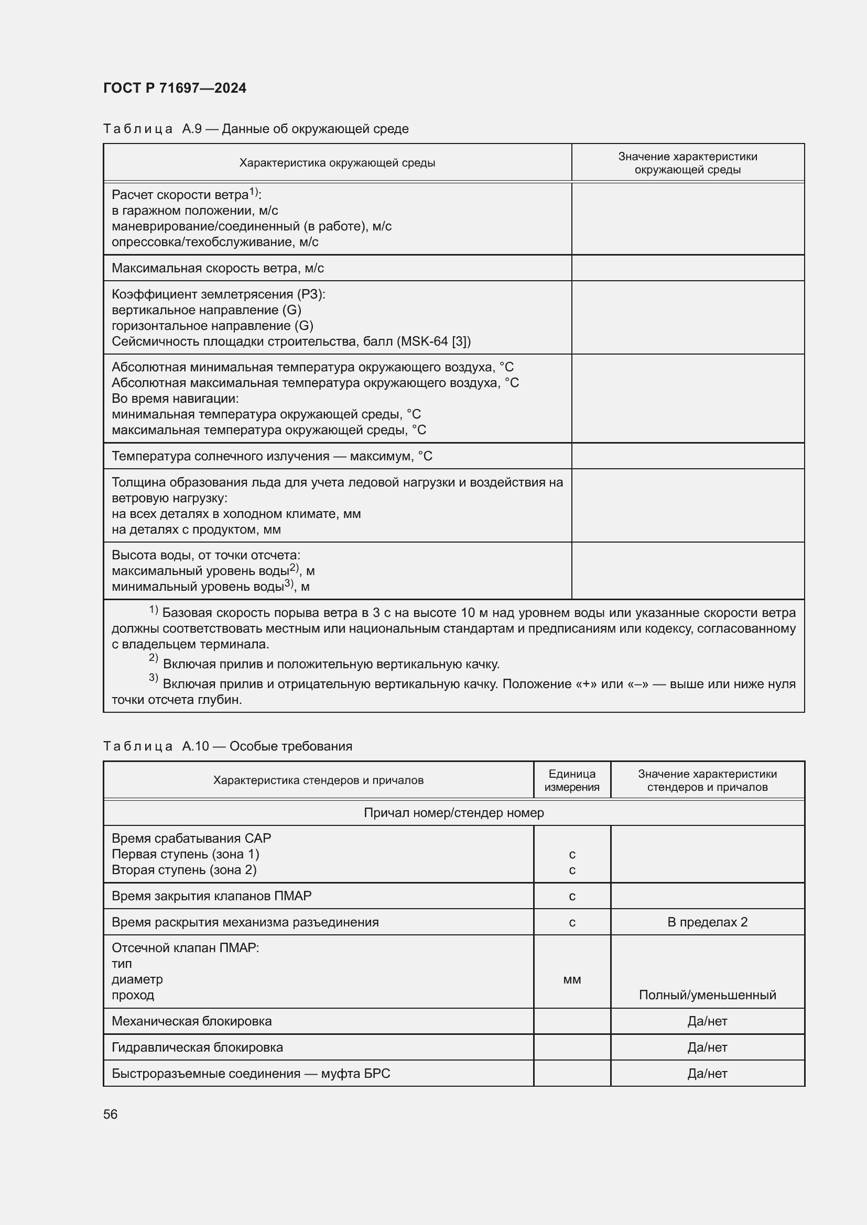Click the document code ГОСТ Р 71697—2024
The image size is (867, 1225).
[x=175, y=88]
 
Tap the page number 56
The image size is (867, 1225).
[x=111, y=1114]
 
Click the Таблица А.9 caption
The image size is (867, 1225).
[x=256, y=129]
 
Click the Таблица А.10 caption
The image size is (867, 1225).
[x=227, y=746]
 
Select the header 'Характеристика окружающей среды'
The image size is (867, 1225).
[x=337, y=163]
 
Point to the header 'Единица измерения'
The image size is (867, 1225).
[x=572, y=780]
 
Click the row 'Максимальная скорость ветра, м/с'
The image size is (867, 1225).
[x=218, y=268]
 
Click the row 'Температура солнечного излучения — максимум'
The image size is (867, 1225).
[x=272, y=456]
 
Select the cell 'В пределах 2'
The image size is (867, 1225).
[x=707, y=922]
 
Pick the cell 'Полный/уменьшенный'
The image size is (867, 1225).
[x=707, y=995]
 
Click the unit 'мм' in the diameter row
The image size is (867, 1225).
[x=572, y=979]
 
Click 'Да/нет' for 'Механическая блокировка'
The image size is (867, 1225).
[x=707, y=1021]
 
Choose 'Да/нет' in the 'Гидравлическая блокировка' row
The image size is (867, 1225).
[x=707, y=1047]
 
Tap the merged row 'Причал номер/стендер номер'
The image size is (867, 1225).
[x=454, y=813]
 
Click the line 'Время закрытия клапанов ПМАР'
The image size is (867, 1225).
[x=211, y=896]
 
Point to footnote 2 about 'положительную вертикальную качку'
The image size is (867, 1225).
[x=331, y=664]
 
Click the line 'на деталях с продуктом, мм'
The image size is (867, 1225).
[x=196, y=529]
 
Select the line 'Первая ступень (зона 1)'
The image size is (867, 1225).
[x=185, y=854]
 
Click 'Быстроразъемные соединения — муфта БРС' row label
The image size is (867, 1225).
[x=251, y=1073]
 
